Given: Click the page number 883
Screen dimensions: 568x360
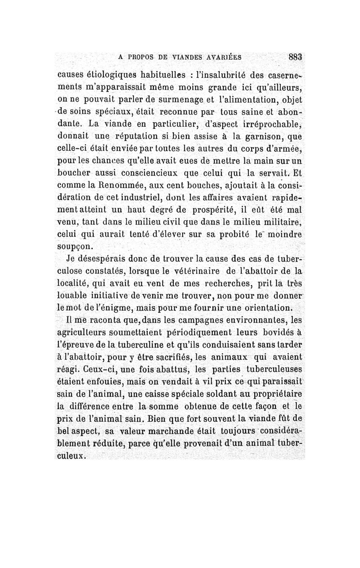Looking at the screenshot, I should (294, 57).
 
